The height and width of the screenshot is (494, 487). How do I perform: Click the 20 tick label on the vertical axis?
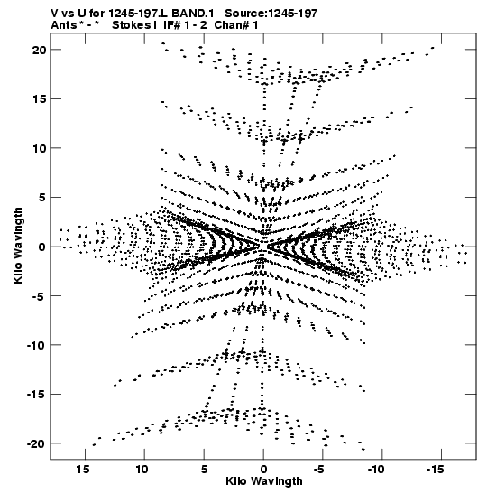point(39,50)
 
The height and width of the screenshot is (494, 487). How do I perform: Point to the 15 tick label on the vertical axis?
point(39,99)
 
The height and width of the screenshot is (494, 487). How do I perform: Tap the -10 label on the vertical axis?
point(37,345)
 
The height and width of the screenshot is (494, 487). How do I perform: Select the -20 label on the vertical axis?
point(37,444)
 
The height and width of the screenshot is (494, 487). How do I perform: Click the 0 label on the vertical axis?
point(42,247)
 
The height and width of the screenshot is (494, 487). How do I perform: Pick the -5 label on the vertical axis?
point(39,296)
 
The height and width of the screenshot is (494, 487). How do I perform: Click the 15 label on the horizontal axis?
point(83,470)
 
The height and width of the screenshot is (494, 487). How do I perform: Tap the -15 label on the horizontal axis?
point(436,470)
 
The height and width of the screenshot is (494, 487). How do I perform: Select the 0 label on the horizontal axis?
point(263,470)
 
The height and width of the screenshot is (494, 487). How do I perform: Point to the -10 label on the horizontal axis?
point(376,470)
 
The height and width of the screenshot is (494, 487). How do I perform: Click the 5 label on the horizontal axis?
point(204,470)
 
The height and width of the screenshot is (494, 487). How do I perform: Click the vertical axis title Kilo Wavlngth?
point(18,246)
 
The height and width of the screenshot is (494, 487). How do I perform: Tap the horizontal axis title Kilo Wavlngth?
point(264,481)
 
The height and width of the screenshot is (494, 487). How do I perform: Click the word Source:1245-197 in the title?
point(271,14)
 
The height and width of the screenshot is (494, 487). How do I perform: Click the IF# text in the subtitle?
point(172,25)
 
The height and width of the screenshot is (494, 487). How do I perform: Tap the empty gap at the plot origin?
point(263,247)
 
